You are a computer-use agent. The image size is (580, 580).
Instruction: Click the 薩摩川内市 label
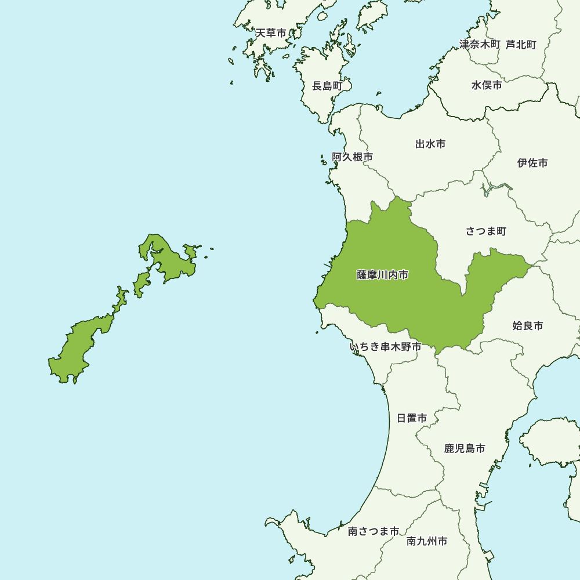tap(382, 275)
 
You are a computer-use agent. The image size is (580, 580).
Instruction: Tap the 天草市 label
tap(271, 33)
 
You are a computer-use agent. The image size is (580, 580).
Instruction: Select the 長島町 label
tap(328, 86)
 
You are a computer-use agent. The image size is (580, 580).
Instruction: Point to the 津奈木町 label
tap(480, 44)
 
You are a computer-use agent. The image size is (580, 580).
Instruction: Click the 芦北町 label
tap(521, 44)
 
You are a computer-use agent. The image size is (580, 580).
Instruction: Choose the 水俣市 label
tap(487, 85)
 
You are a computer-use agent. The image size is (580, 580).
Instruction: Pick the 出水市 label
tap(430, 144)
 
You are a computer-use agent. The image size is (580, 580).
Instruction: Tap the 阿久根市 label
tap(352, 157)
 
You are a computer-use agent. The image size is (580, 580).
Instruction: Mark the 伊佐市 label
tap(532, 163)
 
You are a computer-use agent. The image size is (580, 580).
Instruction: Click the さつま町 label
tap(486, 231)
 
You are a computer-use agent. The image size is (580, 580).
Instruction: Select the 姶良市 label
tap(528, 326)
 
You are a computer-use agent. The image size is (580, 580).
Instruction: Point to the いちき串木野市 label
tap(385, 347)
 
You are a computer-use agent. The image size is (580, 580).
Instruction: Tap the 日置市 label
tap(412, 418)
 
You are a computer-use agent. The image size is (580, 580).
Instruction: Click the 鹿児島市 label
tap(465, 448)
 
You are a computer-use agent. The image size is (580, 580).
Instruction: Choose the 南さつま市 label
tap(374, 531)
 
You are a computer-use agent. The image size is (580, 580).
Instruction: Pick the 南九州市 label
tap(427, 541)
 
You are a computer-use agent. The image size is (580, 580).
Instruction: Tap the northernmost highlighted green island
tap(168, 258)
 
